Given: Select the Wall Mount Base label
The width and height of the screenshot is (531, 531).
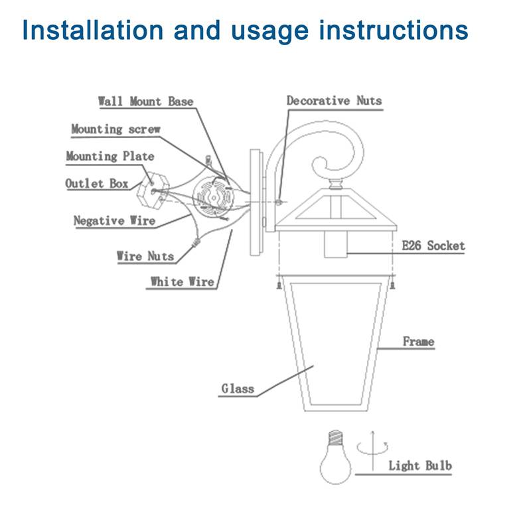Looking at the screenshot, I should (x=146, y=102).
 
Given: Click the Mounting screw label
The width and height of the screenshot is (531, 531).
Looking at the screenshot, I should (x=115, y=129).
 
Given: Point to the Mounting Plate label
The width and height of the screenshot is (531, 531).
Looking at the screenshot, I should (x=110, y=157).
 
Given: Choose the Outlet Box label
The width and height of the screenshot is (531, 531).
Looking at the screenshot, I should (x=97, y=184).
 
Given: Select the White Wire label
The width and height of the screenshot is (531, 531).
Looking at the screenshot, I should (x=181, y=282).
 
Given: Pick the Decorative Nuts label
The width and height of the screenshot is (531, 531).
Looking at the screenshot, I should (x=334, y=101).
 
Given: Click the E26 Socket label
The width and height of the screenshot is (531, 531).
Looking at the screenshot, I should (x=433, y=246).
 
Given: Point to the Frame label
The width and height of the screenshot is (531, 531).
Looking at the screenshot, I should (x=418, y=342).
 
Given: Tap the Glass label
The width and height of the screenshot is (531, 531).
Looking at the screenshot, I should (x=238, y=389).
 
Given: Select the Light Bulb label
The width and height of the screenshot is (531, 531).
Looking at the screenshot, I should (x=419, y=466).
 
